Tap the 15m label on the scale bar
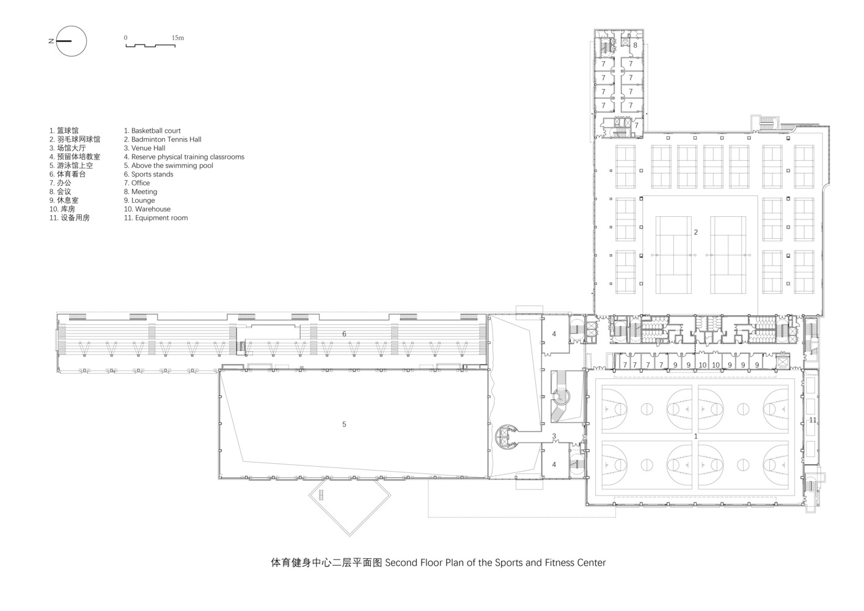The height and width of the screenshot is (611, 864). tap(178, 38)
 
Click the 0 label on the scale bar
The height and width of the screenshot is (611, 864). tap(125, 38)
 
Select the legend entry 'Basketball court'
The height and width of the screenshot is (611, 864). tap(152, 131)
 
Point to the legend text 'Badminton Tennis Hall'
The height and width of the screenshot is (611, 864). tap(163, 139)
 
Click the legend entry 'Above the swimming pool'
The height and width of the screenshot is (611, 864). tap(168, 166)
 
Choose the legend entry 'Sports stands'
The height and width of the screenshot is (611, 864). tap(148, 174)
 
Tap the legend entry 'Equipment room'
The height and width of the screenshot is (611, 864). tap(155, 218)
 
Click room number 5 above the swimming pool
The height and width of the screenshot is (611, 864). tap(344, 424)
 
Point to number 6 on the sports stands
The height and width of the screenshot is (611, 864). tap(344, 334)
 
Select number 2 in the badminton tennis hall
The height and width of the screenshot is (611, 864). tap(696, 232)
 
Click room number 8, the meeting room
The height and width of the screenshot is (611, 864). tap(635, 45)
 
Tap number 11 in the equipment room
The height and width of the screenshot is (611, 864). tap(813, 420)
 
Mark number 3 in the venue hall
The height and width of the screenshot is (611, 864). tap(554, 436)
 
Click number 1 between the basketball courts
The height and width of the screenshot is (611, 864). tap(696, 436)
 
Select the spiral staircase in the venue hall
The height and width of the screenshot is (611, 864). tap(561, 397)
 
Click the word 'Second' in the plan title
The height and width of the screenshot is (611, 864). tap(401, 563)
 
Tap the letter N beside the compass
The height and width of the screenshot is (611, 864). tap(51, 41)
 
